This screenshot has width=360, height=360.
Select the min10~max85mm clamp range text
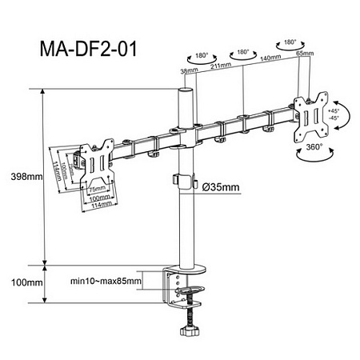pyautogui.click(x=106, y=281)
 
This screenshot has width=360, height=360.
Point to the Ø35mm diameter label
pyautogui.click(x=221, y=186)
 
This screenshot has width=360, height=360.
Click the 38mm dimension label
pyautogui.click(x=188, y=72)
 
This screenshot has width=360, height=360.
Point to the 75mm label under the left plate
pyautogui.click(x=97, y=190)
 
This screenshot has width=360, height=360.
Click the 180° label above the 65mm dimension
pyautogui.click(x=288, y=38)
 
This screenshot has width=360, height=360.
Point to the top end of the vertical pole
pyautogui.click(x=185, y=92)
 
